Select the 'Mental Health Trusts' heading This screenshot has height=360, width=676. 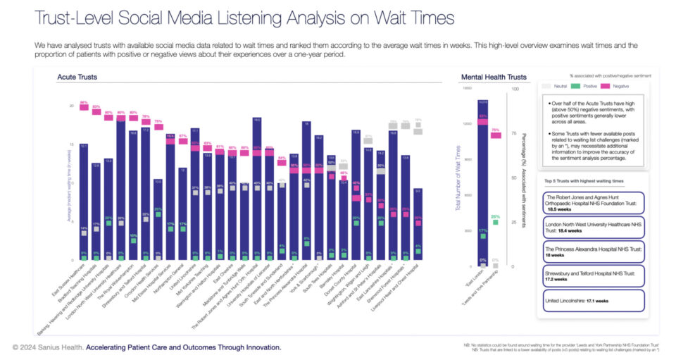[493, 77]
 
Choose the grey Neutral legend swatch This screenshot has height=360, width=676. [546, 86]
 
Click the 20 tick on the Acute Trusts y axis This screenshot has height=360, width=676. [72, 106]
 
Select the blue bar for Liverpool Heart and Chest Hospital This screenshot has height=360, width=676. [418, 225]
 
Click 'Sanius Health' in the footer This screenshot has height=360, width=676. [59, 347]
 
